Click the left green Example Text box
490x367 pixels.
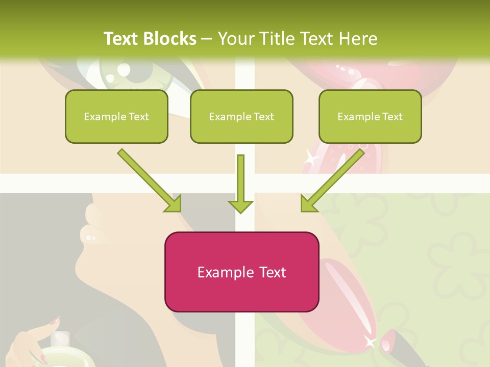116,116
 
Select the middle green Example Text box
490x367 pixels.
241,116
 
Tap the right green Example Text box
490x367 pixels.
370,116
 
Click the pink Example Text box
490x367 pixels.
241,272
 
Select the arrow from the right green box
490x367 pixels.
333,181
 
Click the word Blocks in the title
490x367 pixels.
170,39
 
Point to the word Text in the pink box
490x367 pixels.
273,272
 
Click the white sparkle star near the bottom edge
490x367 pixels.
370,342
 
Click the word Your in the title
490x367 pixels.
234,39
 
